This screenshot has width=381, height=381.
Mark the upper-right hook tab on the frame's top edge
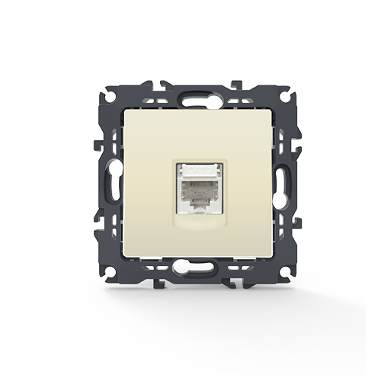(x=236, y=83)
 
